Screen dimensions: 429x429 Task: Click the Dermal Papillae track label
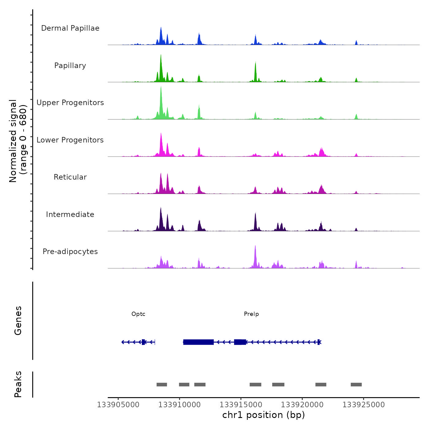tap(70, 28)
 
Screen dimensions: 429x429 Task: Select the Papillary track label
tap(70, 66)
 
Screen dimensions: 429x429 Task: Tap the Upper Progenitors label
tap(70, 103)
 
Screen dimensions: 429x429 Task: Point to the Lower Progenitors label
tap(70, 140)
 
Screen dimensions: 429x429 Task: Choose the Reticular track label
tap(70, 177)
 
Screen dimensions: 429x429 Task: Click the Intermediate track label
tap(70, 214)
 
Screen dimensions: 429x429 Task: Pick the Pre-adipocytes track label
tap(70, 252)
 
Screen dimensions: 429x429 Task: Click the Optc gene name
tap(138, 314)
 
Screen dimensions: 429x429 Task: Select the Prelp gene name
tap(251, 314)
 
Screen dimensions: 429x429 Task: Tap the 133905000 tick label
tap(118, 405)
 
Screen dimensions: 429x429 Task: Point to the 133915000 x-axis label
tap(241, 405)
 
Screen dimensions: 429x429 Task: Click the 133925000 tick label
tap(363, 405)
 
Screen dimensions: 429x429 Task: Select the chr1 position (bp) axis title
tap(264, 415)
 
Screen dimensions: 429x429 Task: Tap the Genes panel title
tap(18, 321)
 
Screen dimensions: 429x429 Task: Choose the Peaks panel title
tap(18, 384)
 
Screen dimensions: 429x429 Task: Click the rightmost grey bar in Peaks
tap(356, 385)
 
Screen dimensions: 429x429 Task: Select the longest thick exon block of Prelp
tap(198, 342)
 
